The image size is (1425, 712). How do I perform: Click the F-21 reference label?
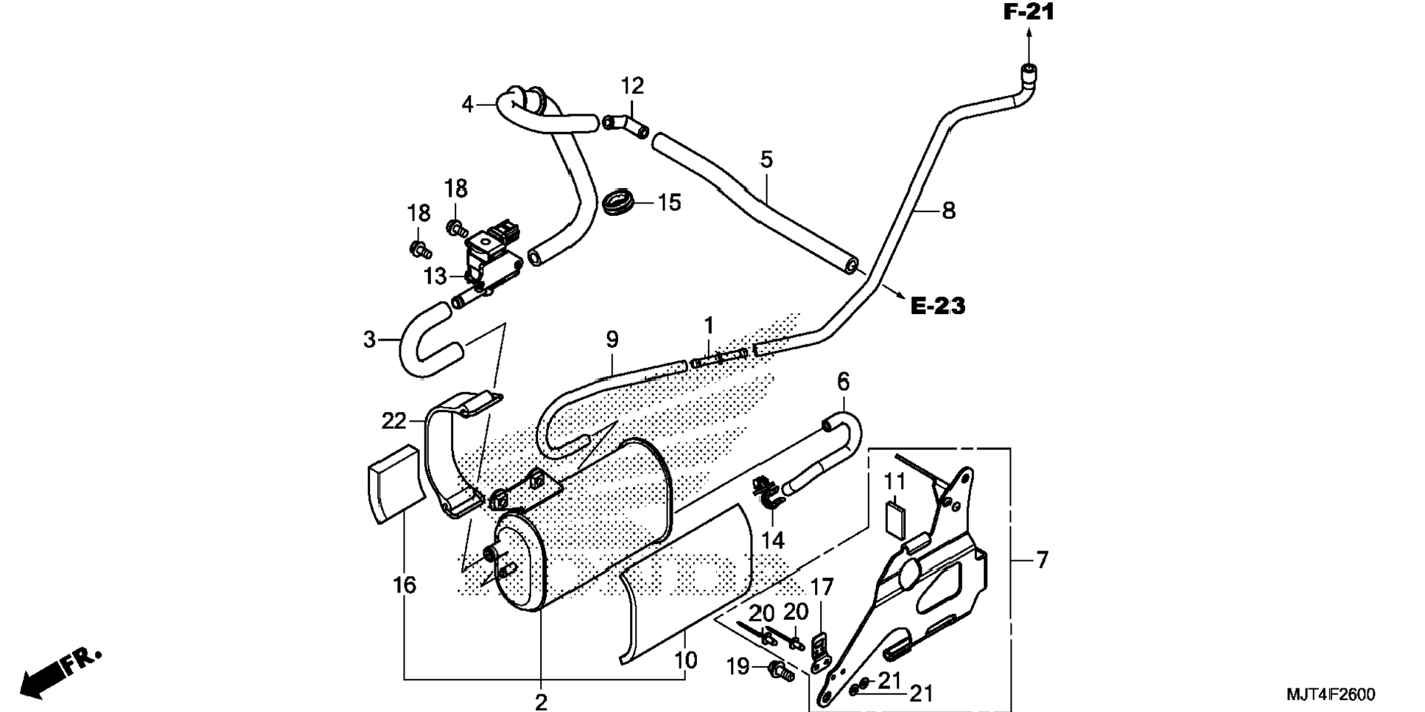(1029, 12)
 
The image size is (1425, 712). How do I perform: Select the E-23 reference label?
(937, 305)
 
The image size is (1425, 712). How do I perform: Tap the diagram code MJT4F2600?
(1330, 694)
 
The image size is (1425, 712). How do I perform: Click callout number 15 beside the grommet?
(669, 203)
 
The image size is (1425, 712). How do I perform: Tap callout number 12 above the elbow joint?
(632, 86)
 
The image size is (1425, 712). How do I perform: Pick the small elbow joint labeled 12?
(626, 125)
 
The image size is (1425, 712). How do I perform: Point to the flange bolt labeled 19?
(780, 671)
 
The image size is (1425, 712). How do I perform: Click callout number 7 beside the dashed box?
(1041, 560)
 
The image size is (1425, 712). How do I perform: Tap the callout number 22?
(393, 421)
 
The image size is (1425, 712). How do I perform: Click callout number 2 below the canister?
(541, 701)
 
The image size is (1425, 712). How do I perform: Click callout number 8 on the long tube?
(948, 211)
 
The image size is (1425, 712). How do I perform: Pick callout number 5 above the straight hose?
(766, 159)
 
